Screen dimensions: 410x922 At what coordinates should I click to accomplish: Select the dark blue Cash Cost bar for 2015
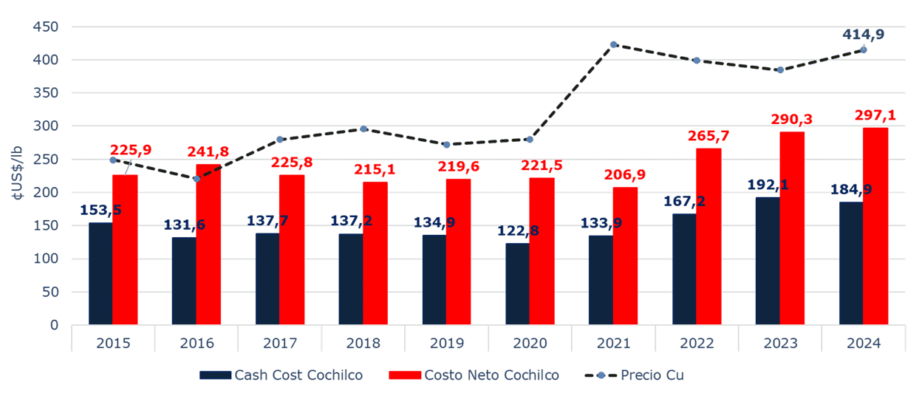(x=100, y=273)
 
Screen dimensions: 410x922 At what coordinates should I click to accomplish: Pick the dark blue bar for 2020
(x=518, y=284)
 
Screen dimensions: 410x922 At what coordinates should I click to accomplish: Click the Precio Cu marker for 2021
(x=613, y=44)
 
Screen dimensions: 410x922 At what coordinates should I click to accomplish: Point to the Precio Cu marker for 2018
(x=363, y=129)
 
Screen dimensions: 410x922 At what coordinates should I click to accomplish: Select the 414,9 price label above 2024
(x=863, y=33)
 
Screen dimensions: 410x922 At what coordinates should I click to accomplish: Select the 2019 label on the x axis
(x=446, y=344)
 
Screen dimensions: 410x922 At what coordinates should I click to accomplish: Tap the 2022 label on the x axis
(x=697, y=344)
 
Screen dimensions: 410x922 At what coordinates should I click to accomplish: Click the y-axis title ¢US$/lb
(x=16, y=175)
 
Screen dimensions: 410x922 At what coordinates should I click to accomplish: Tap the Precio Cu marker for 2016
(x=197, y=179)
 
